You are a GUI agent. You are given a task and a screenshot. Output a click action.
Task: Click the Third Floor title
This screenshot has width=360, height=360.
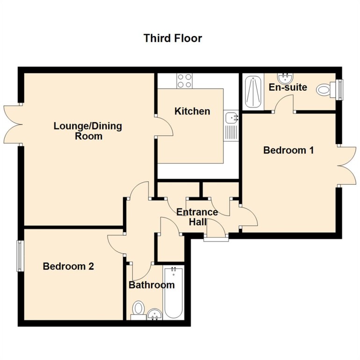coord(173,38)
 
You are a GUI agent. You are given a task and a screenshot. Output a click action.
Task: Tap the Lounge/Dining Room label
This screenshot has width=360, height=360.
coord(88,131)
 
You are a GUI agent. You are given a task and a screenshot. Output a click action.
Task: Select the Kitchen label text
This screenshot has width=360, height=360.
coord(192,111)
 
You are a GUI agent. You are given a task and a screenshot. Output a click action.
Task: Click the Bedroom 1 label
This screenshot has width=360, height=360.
coord(288,150)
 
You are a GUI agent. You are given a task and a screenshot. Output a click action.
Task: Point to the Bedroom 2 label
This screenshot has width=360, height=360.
coord(68,266)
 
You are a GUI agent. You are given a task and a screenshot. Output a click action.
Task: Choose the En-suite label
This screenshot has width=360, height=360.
coord(287,87)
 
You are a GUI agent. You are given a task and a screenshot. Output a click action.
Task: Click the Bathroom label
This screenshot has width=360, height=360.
coord(151,285)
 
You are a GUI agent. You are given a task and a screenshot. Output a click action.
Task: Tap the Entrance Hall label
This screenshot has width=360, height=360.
coord(197,217)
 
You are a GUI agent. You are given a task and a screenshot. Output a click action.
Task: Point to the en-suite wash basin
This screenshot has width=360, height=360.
coord(284,77)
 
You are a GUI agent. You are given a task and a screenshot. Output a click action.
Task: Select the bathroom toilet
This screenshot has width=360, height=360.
coord(137,310)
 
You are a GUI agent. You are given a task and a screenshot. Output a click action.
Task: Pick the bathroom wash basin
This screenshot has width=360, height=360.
coord(154,316)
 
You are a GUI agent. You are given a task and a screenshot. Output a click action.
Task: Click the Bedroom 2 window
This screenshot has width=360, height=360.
coord(20,256)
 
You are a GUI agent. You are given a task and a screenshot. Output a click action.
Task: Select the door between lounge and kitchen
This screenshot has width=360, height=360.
coord(162,125)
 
